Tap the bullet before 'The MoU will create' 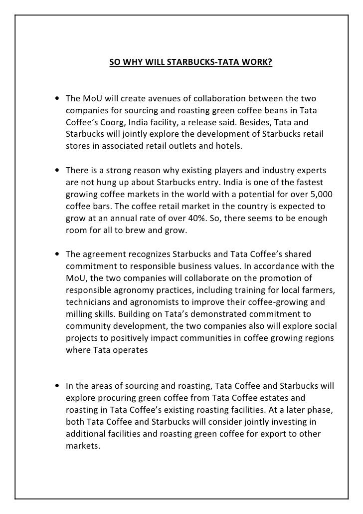coord(59,97)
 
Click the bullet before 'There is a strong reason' coord(59,171)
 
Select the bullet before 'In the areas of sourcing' coord(59,386)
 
